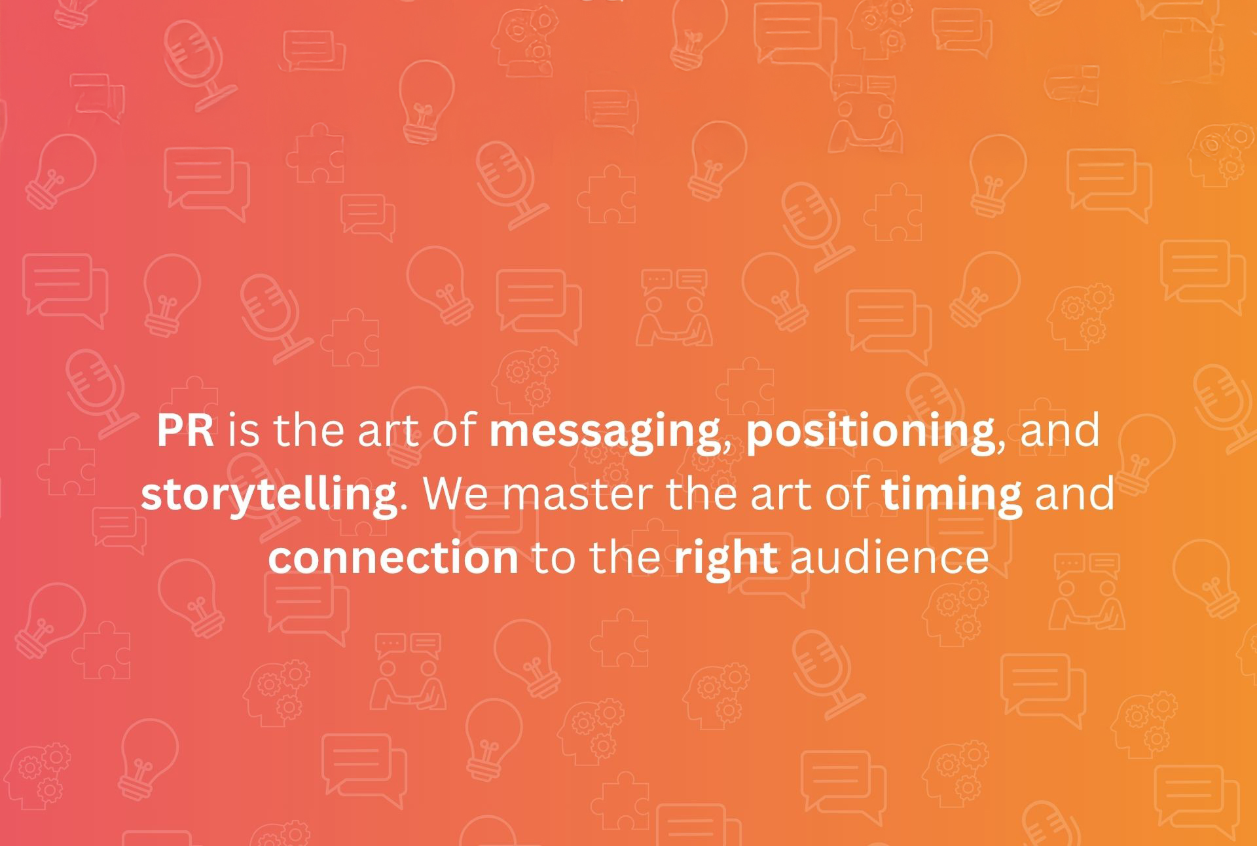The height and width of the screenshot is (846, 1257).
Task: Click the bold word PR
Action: coord(185,430)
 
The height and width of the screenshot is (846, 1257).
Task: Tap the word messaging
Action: coord(604,432)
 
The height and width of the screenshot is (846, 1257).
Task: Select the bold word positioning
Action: coord(871,432)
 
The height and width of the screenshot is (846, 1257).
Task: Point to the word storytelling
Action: coord(268,495)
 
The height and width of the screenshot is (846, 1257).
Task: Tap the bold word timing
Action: coord(952,495)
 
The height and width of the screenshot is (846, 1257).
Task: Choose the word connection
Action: coord(393,559)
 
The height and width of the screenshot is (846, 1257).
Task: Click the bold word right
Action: coord(726,559)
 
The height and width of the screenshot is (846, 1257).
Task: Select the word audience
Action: coord(890,558)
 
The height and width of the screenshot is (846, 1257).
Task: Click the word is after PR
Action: coord(244,430)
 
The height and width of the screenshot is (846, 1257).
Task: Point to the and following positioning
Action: coord(1060,430)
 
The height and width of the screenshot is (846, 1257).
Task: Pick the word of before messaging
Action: coord(455,430)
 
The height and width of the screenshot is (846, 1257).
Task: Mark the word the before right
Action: coord(625,558)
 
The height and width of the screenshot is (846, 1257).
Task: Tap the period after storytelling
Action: coord(403,508)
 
